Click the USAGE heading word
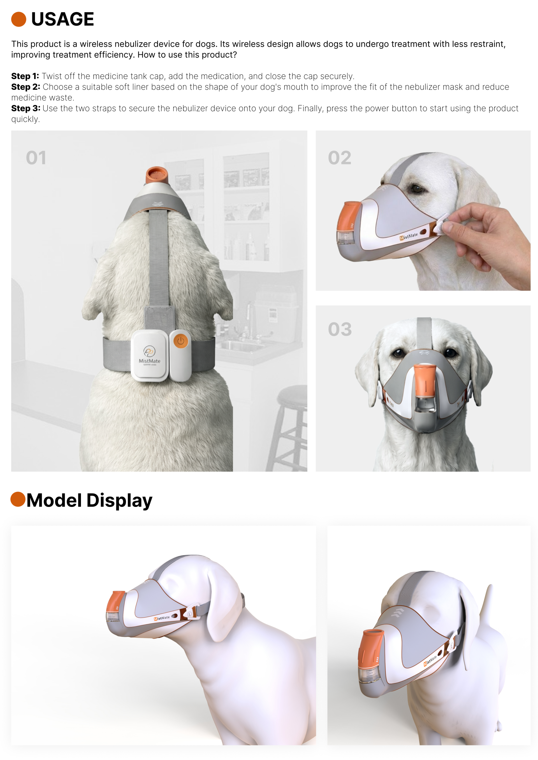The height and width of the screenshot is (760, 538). [x=62, y=19]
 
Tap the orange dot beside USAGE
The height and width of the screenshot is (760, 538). [x=18, y=19]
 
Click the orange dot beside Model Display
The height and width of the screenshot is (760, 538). [x=18, y=499]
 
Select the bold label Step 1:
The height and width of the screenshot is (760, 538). [x=25, y=76]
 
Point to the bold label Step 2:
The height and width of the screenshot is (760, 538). [x=26, y=87]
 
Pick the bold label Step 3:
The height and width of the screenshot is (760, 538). [x=26, y=108]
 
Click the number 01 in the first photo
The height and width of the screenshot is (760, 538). [x=36, y=158]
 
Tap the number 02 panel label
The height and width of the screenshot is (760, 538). [x=339, y=158]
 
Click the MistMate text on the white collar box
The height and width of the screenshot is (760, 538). [x=149, y=361]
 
